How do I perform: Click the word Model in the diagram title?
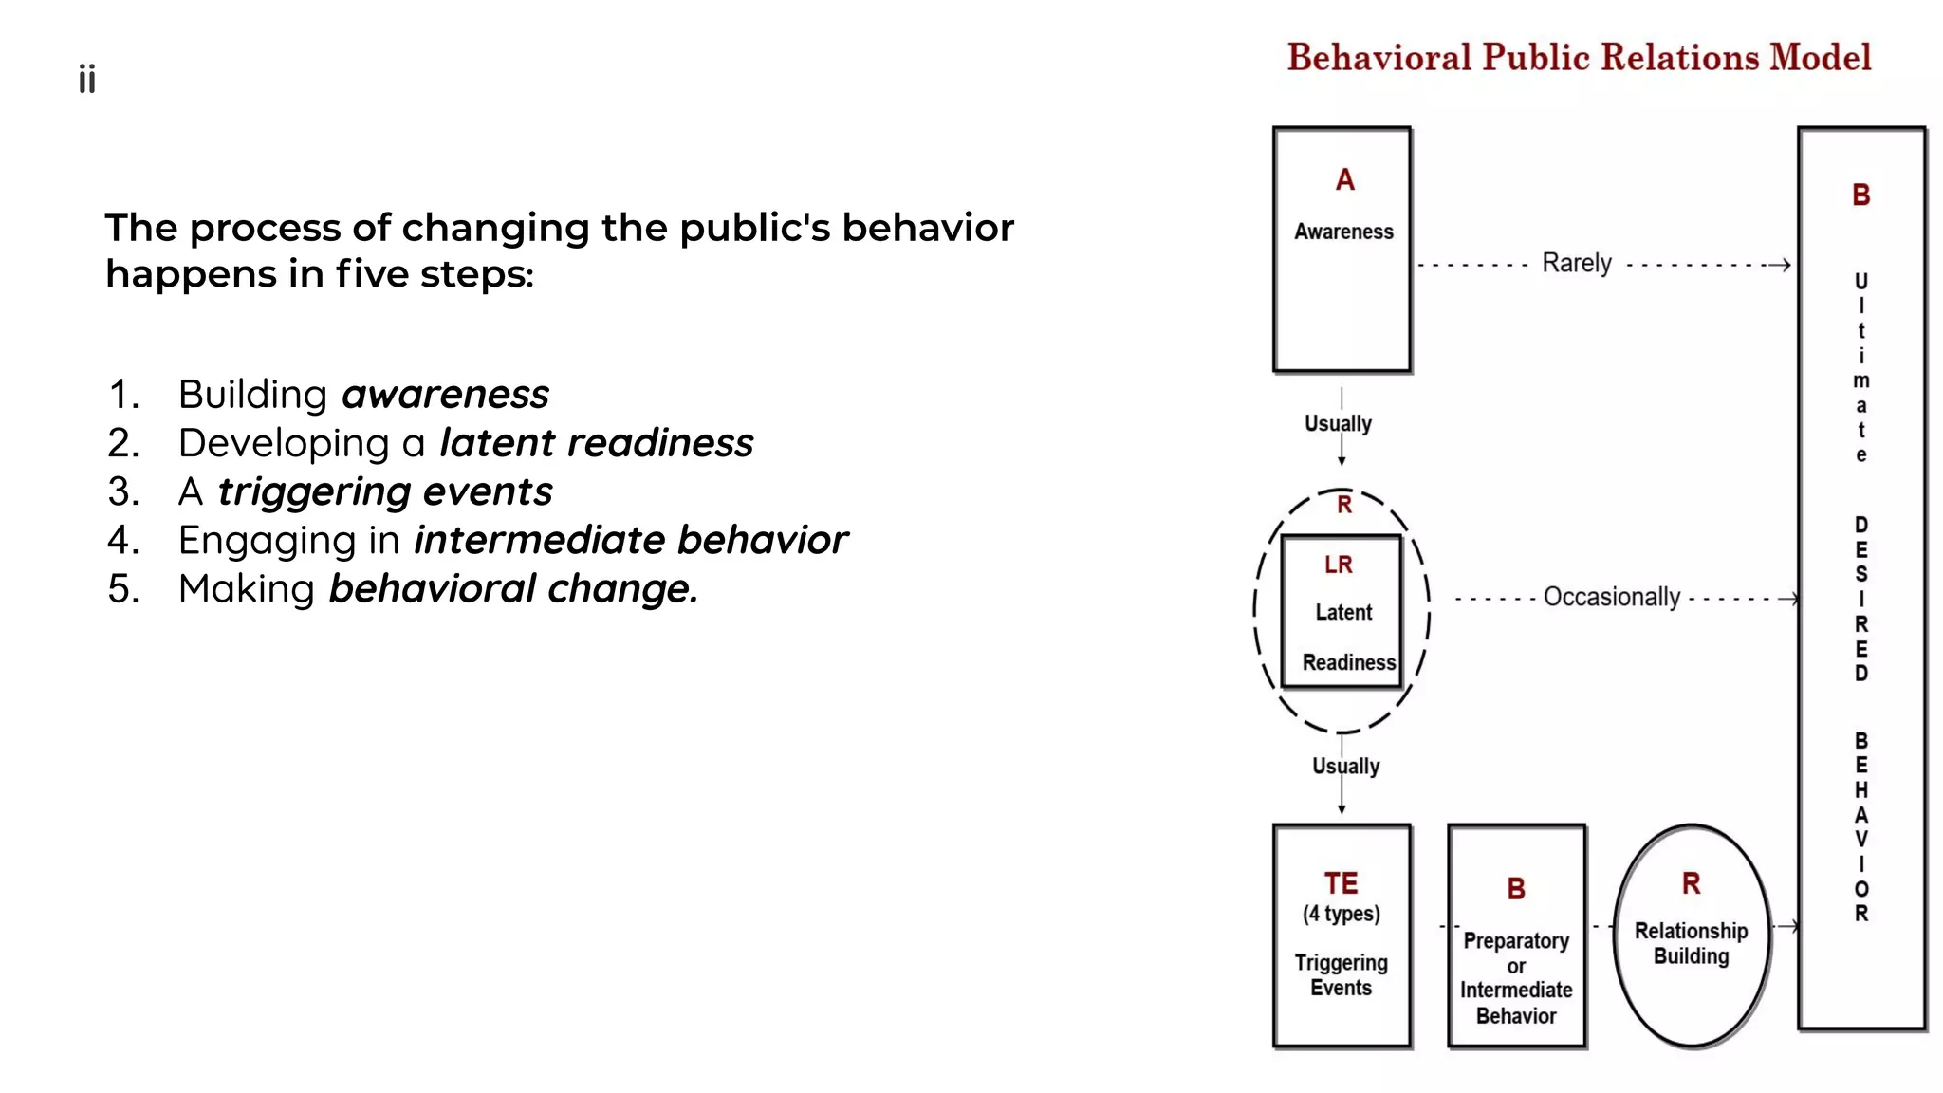(x=1820, y=58)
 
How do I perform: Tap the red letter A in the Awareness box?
(x=1344, y=180)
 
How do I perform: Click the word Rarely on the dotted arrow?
(x=1576, y=263)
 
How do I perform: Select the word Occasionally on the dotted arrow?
(x=1611, y=597)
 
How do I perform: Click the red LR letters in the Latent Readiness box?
(x=1338, y=565)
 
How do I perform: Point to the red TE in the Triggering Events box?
(x=1341, y=883)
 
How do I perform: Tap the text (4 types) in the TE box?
(x=1341, y=914)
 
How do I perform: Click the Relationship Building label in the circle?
(x=1691, y=943)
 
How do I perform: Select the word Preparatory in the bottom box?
(x=1515, y=940)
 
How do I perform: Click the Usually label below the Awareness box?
(x=1338, y=423)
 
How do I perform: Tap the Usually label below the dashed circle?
(x=1345, y=766)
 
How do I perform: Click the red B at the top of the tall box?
(x=1860, y=195)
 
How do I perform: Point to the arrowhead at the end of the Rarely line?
(x=1785, y=265)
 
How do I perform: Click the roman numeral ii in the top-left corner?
(x=87, y=80)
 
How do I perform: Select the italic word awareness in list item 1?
(x=445, y=394)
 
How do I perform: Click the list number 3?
(x=123, y=491)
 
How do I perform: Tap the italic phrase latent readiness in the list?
(x=596, y=443)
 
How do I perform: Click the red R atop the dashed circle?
(x=1343, y=505)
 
